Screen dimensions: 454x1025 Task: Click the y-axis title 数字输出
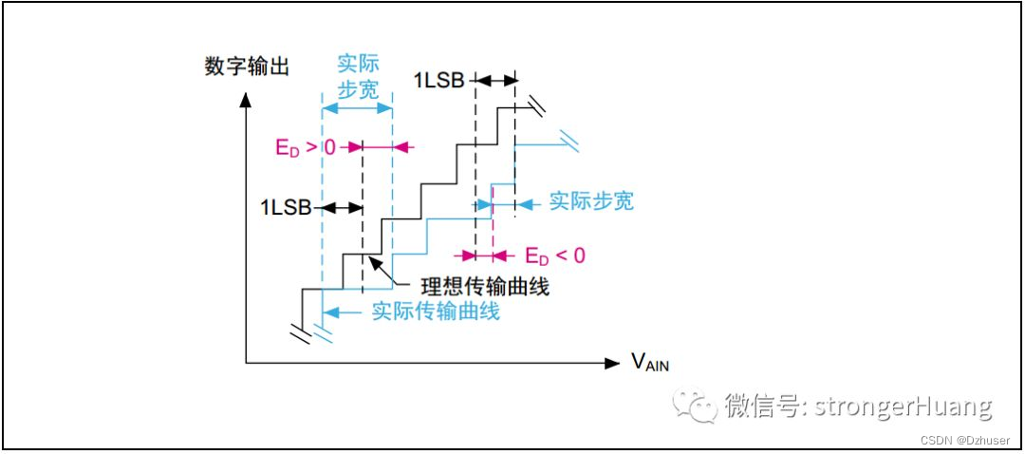pyautogui.click(x=247, y=66)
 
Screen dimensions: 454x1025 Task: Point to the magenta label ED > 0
pyautogui.click(x=305, y=147)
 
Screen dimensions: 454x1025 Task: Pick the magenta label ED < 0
pyautogui.click(x=555, y=255)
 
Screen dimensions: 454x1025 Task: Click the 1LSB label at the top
pyautogui.click(x=438, y=81)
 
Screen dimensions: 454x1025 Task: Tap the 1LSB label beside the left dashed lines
pyautogui.click(x=285, y=207)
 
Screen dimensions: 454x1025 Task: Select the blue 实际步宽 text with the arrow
pyautogui.click(x=591, y=202)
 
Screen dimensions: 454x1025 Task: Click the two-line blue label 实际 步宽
pyautogui.click(x=358, y=77)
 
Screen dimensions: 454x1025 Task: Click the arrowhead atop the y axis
pyautogui.click(x=246, y=96)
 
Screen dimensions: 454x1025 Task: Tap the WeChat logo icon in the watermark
pyautogui.click(x=695, y=407)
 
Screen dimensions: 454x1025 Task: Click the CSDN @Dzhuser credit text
pyautogui.click(x=971, y=440)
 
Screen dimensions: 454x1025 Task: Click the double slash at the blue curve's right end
pyautogui.click(x=571, y=144)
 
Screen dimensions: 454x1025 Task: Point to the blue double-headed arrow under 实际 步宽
pyautogui.click(x=358, y=108)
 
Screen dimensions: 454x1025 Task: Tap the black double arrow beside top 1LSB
pyautogui.click(x=494, y=81)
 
